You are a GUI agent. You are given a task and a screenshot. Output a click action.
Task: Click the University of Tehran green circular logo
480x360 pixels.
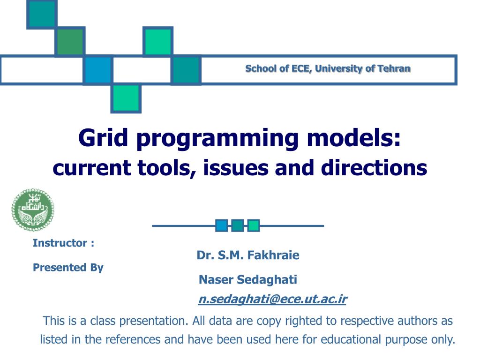[x=33, y=210]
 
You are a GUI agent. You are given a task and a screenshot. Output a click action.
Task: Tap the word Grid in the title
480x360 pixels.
[x=103, y=138]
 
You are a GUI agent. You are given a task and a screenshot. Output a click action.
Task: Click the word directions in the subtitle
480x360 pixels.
[x=374, y=168]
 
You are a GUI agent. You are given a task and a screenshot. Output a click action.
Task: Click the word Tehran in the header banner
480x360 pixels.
[x=394, y=68]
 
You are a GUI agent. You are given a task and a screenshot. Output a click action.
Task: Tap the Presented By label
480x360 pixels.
[x=68, y=267]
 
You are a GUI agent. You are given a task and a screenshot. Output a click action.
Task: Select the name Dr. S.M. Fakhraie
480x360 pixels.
[x=248, y=255]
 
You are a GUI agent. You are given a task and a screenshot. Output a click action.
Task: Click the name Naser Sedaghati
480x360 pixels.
[x=248, y=279]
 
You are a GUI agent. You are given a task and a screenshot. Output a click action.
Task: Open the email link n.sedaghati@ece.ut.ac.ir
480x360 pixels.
[x=273, y=299]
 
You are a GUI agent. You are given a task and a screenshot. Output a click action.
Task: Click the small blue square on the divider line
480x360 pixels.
[x=221, y=225]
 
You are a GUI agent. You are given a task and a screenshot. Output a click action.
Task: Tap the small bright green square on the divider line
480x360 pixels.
[x=254, y=225]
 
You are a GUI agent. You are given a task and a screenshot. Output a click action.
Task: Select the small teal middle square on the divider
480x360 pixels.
[x=238, y=225]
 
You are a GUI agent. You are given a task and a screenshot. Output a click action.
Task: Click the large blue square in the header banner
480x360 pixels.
[x=98, y=70]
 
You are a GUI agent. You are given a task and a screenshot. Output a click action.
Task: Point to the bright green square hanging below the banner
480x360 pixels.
[x=126, y=98]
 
